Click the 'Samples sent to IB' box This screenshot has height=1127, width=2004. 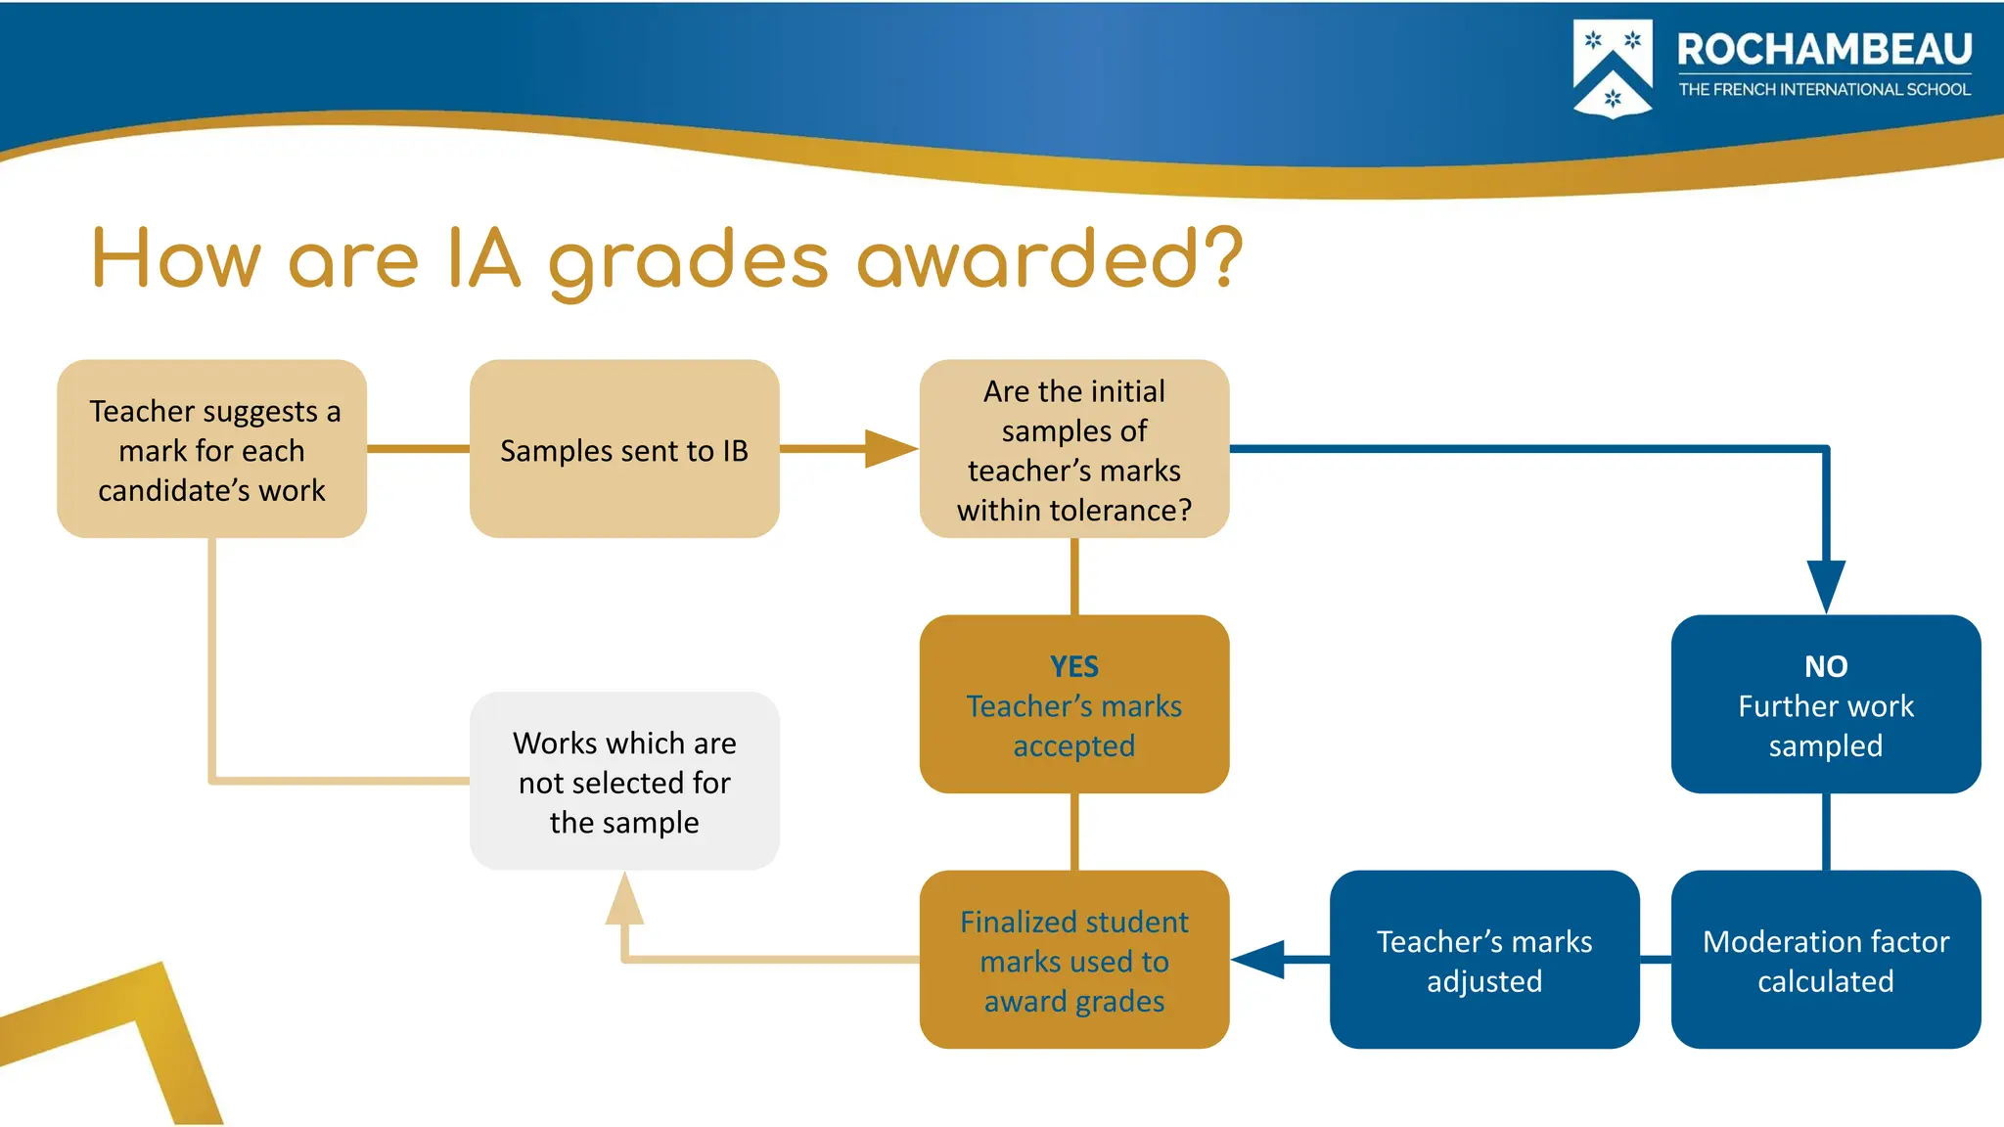point(624,449)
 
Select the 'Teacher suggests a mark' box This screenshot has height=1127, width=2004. point(211,449)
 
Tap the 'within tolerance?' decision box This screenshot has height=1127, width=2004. point(1073,449)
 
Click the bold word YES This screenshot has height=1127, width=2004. point(1073,666)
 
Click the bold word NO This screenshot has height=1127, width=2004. point(1825,666)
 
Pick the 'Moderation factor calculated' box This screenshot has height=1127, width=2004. point(1825,960)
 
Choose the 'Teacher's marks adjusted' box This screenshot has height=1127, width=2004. point(1483,960)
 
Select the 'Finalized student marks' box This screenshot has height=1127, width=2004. point(1073,960)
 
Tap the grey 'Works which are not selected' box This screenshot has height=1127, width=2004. point(624,781)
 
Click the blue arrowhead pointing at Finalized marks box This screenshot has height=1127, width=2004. point(1260,960)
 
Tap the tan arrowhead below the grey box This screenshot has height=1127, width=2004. point(624,900)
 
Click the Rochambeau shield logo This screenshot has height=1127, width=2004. point(1612,68)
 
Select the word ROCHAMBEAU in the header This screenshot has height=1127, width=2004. point(1824,49)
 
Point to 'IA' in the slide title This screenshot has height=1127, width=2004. point(483,258)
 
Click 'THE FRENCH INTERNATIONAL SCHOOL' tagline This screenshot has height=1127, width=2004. point(1824,90)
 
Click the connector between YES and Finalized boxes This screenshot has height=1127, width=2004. point(1074,832)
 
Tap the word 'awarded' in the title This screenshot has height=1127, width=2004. point(1027,258)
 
